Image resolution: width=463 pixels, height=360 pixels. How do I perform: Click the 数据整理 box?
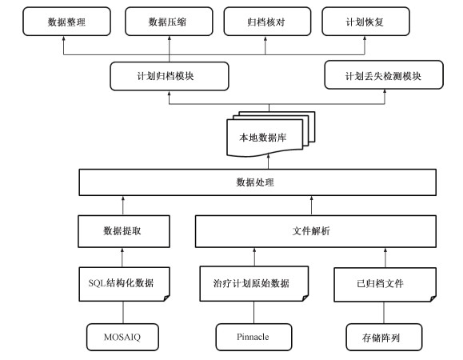(66, 22)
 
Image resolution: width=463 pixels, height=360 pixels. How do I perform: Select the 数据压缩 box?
(169, 22)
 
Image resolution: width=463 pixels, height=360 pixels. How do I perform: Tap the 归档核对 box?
(267, 22)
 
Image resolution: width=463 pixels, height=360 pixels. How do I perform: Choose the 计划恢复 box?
(366, 22)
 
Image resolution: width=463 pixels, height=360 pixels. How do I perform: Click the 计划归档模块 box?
(170, 76)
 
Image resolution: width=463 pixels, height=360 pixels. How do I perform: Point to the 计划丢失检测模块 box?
(384, 75)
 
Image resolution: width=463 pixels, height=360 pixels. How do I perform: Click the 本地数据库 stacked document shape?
(271, 134)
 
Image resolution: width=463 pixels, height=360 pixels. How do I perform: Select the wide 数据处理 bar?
(257, 182)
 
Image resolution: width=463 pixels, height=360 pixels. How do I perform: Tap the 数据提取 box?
(124, 231)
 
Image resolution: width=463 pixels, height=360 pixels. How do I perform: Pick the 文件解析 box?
(316, 231)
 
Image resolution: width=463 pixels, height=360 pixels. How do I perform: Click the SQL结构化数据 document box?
(124, 284)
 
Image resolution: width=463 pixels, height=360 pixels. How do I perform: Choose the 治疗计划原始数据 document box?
(254, 284)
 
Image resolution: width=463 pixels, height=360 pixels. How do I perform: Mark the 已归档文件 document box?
(385, 285)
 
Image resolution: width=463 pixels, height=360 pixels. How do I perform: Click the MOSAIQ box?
(122, 337)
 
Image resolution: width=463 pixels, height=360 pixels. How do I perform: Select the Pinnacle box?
(253, 337)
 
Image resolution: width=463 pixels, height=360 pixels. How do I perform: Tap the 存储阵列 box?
(384, 337)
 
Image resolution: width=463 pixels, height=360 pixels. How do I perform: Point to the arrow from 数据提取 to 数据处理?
(123, 206)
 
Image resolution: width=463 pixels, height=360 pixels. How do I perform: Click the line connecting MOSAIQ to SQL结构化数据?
(123, 313)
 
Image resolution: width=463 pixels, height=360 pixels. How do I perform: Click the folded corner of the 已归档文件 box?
(433, 298)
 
